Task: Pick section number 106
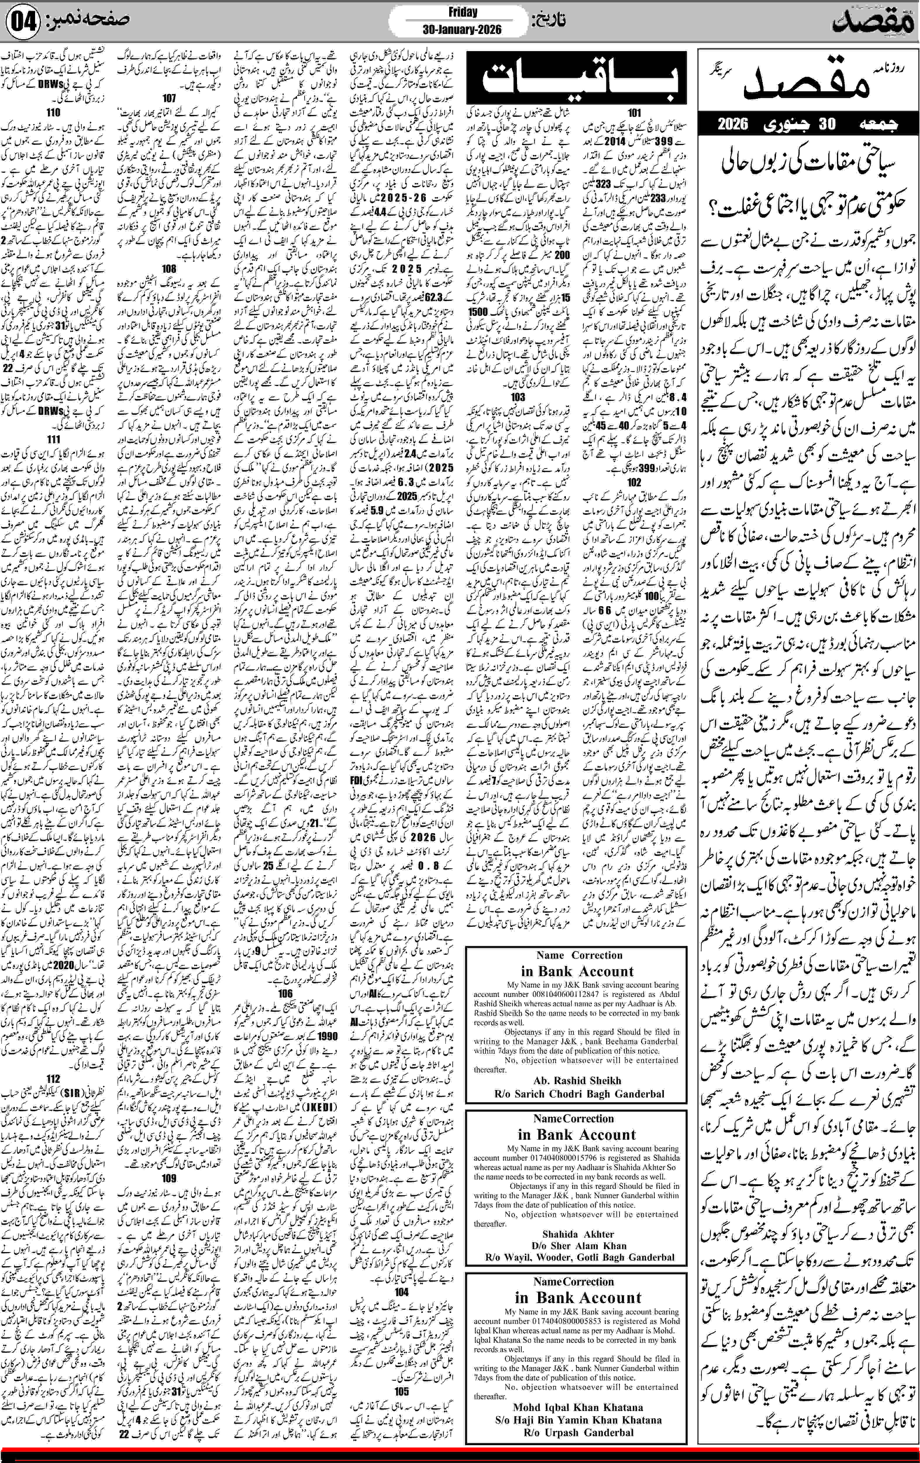point(285,993)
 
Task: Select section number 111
point(54,439)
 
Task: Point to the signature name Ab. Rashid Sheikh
point(577,1080)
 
